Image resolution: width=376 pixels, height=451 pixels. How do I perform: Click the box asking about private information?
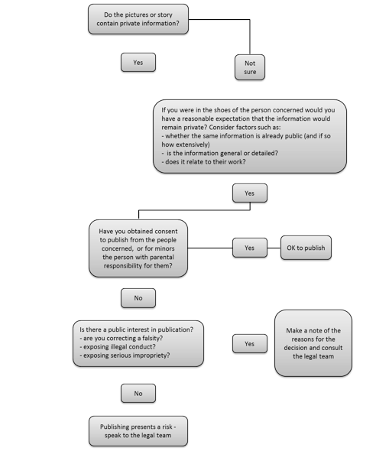click(x=138, y=19)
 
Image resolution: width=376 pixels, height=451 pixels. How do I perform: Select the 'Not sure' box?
click(x=250, y=67)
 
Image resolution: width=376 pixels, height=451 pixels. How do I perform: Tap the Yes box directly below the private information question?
click(x=138, y=63)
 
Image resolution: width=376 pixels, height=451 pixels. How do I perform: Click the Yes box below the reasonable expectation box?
click(x=250, y=193)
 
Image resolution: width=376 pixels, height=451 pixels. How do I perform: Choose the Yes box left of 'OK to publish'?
click(x=250, y=248)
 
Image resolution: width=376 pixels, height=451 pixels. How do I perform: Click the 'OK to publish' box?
click(x=306, y=248)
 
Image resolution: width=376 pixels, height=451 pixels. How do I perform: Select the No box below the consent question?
click(x=138, y=298)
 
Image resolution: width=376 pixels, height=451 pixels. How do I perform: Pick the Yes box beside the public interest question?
click(x=250, y=343)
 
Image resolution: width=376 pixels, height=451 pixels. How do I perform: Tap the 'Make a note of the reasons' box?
click(x=313, y=343)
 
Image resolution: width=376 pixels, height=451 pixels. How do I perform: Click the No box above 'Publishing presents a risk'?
click(x=138, y=393)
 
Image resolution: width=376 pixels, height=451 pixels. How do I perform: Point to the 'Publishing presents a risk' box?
click(x=138, y=431)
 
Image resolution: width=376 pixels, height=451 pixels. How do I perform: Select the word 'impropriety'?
click(x=151, y=355)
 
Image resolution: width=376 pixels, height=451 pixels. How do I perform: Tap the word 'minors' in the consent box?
click(x=165, y=248)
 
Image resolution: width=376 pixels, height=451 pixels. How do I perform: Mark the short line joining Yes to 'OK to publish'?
click(x=274, y=248)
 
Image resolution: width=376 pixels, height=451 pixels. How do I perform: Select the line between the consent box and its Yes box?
click(x=210, y=248)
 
